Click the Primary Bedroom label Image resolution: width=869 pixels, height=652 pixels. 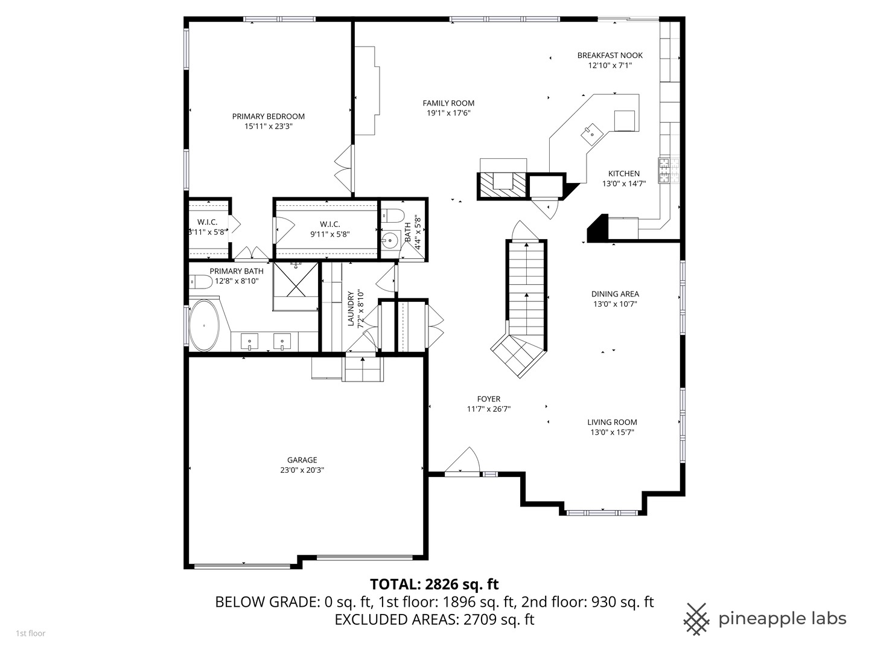click(268, 117)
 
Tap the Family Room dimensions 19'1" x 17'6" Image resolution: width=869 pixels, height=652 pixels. click(448, 113)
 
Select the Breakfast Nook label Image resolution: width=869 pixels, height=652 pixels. click(610, 56)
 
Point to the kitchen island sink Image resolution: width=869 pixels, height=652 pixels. click(592, 134)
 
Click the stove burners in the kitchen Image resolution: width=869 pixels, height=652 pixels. click(664, 170)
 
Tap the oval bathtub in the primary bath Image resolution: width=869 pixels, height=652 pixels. click(204, 325)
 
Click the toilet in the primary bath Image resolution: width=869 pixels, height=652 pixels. click(201, 283)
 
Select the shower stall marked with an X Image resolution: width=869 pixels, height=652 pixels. click(296, 280)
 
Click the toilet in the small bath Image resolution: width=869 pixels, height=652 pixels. click(393, 216)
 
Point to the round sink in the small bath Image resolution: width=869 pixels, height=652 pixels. click(390, 240)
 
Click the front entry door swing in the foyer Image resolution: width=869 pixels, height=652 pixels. click(462, 460)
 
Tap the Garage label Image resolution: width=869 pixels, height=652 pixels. click(302, 460)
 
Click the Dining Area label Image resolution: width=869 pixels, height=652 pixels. click(615, 294)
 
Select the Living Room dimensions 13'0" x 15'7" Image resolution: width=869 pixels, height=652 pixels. click(612, 432)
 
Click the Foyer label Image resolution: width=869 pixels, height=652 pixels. click(489, 398)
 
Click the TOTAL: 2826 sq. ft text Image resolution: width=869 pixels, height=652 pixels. click(434, 584)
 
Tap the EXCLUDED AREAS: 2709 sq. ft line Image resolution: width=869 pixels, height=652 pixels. click(434, 619)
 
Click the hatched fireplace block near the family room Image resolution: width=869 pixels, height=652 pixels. click(503, 186)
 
